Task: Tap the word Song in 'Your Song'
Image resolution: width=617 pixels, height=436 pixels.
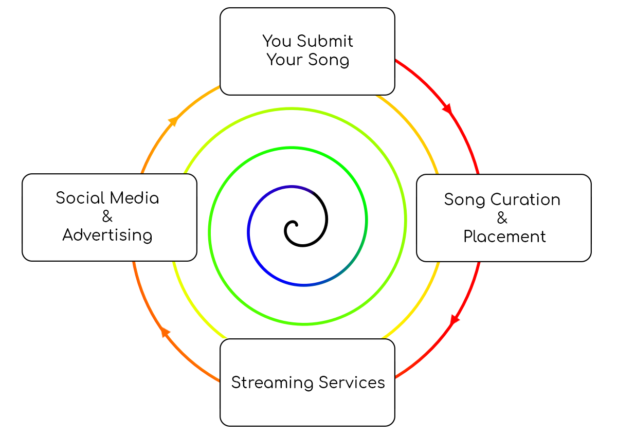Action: point(329,60)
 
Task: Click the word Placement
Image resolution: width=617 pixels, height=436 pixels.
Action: point(504,237)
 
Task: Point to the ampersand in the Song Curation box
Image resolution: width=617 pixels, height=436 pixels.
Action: point(502,218)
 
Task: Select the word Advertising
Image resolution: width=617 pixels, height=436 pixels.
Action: point(107,235)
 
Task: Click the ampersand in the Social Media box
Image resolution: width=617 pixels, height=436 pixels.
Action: point(107,216)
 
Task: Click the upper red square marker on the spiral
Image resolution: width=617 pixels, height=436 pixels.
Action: point(447,109)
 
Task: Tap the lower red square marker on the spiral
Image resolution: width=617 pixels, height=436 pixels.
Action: point(455,320)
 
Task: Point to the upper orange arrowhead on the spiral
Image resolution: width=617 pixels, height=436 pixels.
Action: point(173,121)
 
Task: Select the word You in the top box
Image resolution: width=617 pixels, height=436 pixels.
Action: point(277,41)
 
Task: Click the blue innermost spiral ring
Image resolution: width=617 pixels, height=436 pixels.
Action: point(249,231)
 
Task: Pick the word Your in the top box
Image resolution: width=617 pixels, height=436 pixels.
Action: point(284,60)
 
